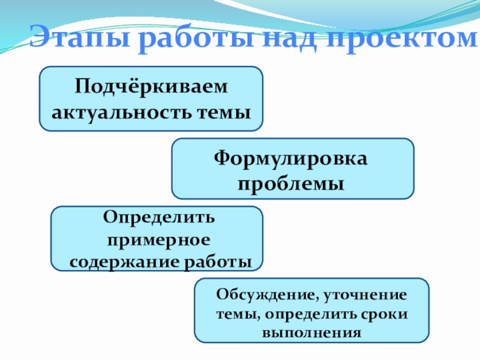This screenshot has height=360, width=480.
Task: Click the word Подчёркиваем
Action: pos(152,88)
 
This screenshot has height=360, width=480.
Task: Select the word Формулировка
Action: pos(292,159)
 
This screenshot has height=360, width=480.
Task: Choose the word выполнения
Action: pos(311,332)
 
